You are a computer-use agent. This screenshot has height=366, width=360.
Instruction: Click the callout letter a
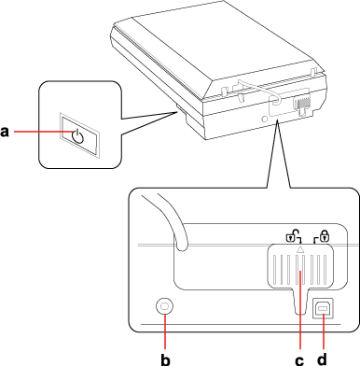click(5, 132)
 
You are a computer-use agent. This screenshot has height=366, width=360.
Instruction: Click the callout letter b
click(165, 359)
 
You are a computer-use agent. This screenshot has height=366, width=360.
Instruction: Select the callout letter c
click(299, 360)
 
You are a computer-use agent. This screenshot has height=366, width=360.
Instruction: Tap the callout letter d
click(323, 359)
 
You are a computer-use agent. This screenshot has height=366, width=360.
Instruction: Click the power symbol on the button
click(77, 136)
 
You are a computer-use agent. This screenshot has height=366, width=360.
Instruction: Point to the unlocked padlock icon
click(292, 236)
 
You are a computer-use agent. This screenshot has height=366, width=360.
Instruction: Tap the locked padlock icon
click(323, 236)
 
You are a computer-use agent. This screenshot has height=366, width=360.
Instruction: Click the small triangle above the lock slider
click(300, 248)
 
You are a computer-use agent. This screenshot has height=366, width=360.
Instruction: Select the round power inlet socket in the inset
click(164, 306)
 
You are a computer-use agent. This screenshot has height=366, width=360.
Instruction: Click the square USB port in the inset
click(323, 308)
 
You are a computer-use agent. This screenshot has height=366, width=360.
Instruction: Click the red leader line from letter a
click(45, 132)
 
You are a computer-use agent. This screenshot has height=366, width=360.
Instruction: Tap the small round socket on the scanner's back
click(265, 119)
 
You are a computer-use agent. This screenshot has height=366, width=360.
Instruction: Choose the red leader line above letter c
click(300, 310)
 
